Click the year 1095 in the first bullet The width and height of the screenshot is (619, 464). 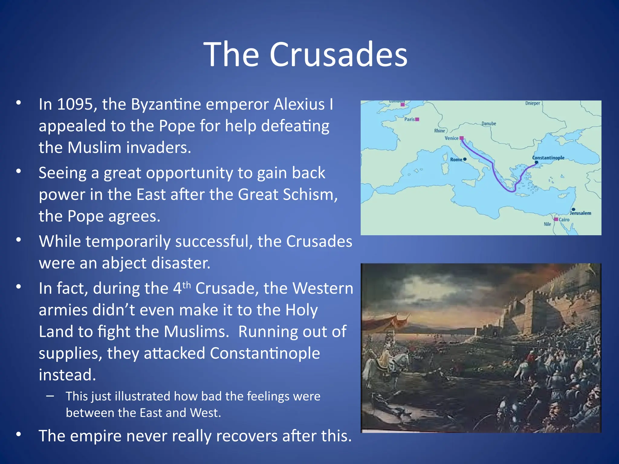tap(75, 105)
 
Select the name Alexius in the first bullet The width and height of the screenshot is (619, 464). tap(299, 105)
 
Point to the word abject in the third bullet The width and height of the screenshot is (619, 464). tap(124, 263)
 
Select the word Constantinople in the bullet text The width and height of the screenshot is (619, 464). tap(265, 353)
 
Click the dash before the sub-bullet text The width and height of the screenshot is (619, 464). tap(50, 396)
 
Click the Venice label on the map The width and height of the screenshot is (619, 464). tap(451, 138)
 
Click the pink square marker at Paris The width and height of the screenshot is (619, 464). tap(417, 119)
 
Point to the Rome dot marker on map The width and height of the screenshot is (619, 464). tap(465, 159)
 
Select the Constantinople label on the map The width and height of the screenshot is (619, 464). tap(548, 158)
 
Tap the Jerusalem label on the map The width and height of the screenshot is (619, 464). tap(580, 213)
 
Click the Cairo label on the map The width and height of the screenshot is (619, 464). tap(564, 220)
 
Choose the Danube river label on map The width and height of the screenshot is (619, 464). tap(489, 124)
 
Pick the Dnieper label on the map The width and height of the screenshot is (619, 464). tap(533, 103)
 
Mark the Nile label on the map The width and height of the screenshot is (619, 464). tap(547, 224)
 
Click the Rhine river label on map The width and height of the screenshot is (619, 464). tap(439, 131)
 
